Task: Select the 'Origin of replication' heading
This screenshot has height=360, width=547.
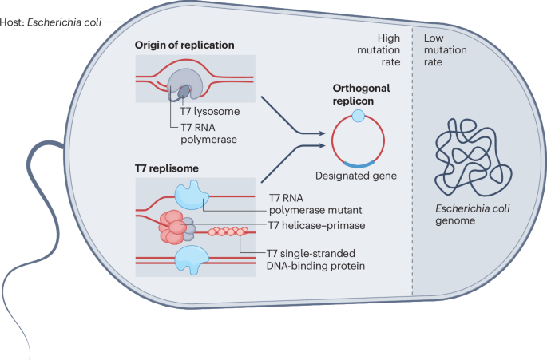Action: pos(184,45)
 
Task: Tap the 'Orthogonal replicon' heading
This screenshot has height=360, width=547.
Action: pos(359,89)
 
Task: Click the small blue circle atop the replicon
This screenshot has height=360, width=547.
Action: pos(359,117)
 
